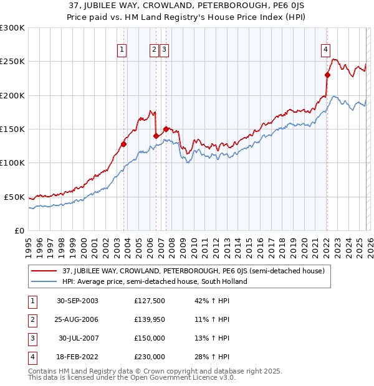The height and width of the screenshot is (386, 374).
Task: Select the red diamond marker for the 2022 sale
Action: coord(327,75)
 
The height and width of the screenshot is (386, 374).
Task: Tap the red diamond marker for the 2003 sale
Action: coord(124,144)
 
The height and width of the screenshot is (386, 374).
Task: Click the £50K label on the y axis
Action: coord(15,197)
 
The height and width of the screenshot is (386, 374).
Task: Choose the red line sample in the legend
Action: coord(45,271)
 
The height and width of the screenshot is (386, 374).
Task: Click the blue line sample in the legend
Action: coord(45,281)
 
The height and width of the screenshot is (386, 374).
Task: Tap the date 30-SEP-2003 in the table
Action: coord(77,301)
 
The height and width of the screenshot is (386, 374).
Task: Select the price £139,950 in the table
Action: coord(150,319)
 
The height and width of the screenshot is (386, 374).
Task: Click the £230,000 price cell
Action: coord(150,357)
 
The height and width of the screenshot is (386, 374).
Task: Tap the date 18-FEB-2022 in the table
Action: coord(77,357)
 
